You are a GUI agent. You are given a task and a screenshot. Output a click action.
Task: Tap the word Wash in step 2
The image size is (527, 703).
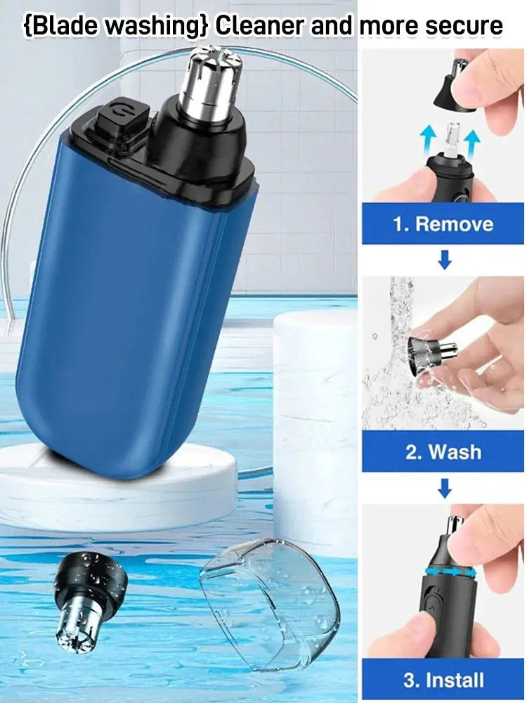click(x=453, y=451)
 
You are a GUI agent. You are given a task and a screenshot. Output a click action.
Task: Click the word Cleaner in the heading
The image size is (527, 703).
click(x=259, y=26)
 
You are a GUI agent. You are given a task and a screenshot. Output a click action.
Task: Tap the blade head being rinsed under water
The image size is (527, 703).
click(x=429, y=349)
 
